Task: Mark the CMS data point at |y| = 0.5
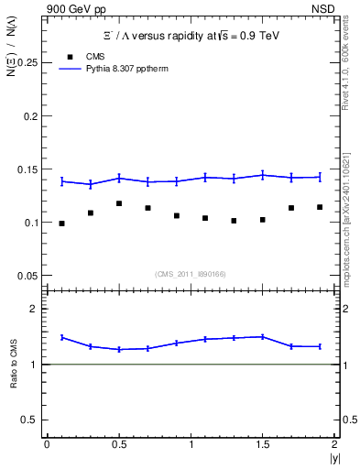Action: click(x=119, y=203)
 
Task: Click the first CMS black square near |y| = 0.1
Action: click(x=61, y=224)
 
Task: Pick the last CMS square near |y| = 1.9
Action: click(x=320, y=207)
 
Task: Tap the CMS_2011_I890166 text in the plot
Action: click(x=191, y=273)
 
